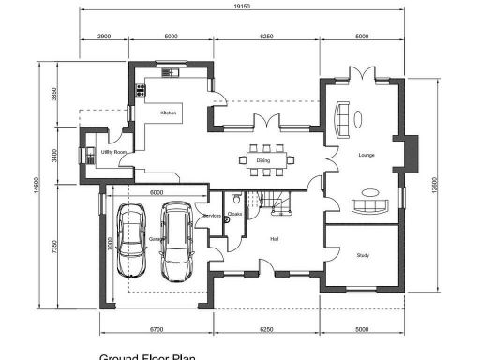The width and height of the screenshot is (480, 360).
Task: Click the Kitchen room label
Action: [169, 112]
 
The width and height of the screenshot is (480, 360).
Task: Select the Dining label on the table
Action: [263, 160]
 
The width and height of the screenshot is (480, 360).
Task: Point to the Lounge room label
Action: [366, 155]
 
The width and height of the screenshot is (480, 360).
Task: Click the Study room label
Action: [364, 254]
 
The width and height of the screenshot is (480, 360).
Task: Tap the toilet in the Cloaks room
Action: [236, 200]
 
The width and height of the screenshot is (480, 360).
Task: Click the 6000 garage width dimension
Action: [157, 191]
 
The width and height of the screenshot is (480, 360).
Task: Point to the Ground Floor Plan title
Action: [147, 356]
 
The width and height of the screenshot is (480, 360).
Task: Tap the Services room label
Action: [213, 216]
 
